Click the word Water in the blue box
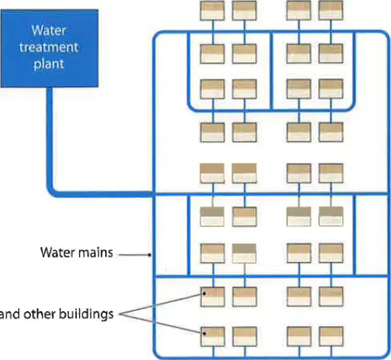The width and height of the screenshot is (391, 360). pyautogui.click(x=49, y=31)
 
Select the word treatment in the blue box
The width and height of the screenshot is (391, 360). pyautogui.click(x=49, y=47)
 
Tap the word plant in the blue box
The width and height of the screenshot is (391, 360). pyautogui.click(x=49, y=64)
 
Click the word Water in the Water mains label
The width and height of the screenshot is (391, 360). pyautogui.click(x=57, y=253)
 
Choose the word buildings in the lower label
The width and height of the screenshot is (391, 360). pyautogui.click(x=87, y=314)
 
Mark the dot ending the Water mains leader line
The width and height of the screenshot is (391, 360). pyautogui.click(x=149, y=255)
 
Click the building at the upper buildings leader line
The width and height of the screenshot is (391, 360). pyautogui.click(x=213, y=297)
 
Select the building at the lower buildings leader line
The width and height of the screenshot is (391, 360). pyautogui.click(x=213, y=337)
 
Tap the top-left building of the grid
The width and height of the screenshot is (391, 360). pyautogui.click(x=212, y=10)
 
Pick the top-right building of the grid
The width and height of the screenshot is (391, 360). pyautogui.click(x=331, y=10)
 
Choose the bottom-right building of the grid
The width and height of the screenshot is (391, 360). pyautogui.click(x=331, y=337)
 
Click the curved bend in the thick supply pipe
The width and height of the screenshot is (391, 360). pyautogui.click(x=53, y=192)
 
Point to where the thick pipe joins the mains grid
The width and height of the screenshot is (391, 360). pyautogui.click(x=154, y=194)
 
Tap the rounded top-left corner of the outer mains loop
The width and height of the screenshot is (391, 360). pyautogui.click(x=157, y=35)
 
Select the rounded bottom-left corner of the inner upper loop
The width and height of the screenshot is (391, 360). pyautogui.click(x=192, y=106)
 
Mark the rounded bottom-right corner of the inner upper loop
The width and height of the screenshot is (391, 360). pyautogui.click(x=350, y=106)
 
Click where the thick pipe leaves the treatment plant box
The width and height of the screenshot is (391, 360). pyautogui.click(x=50, y=88)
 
